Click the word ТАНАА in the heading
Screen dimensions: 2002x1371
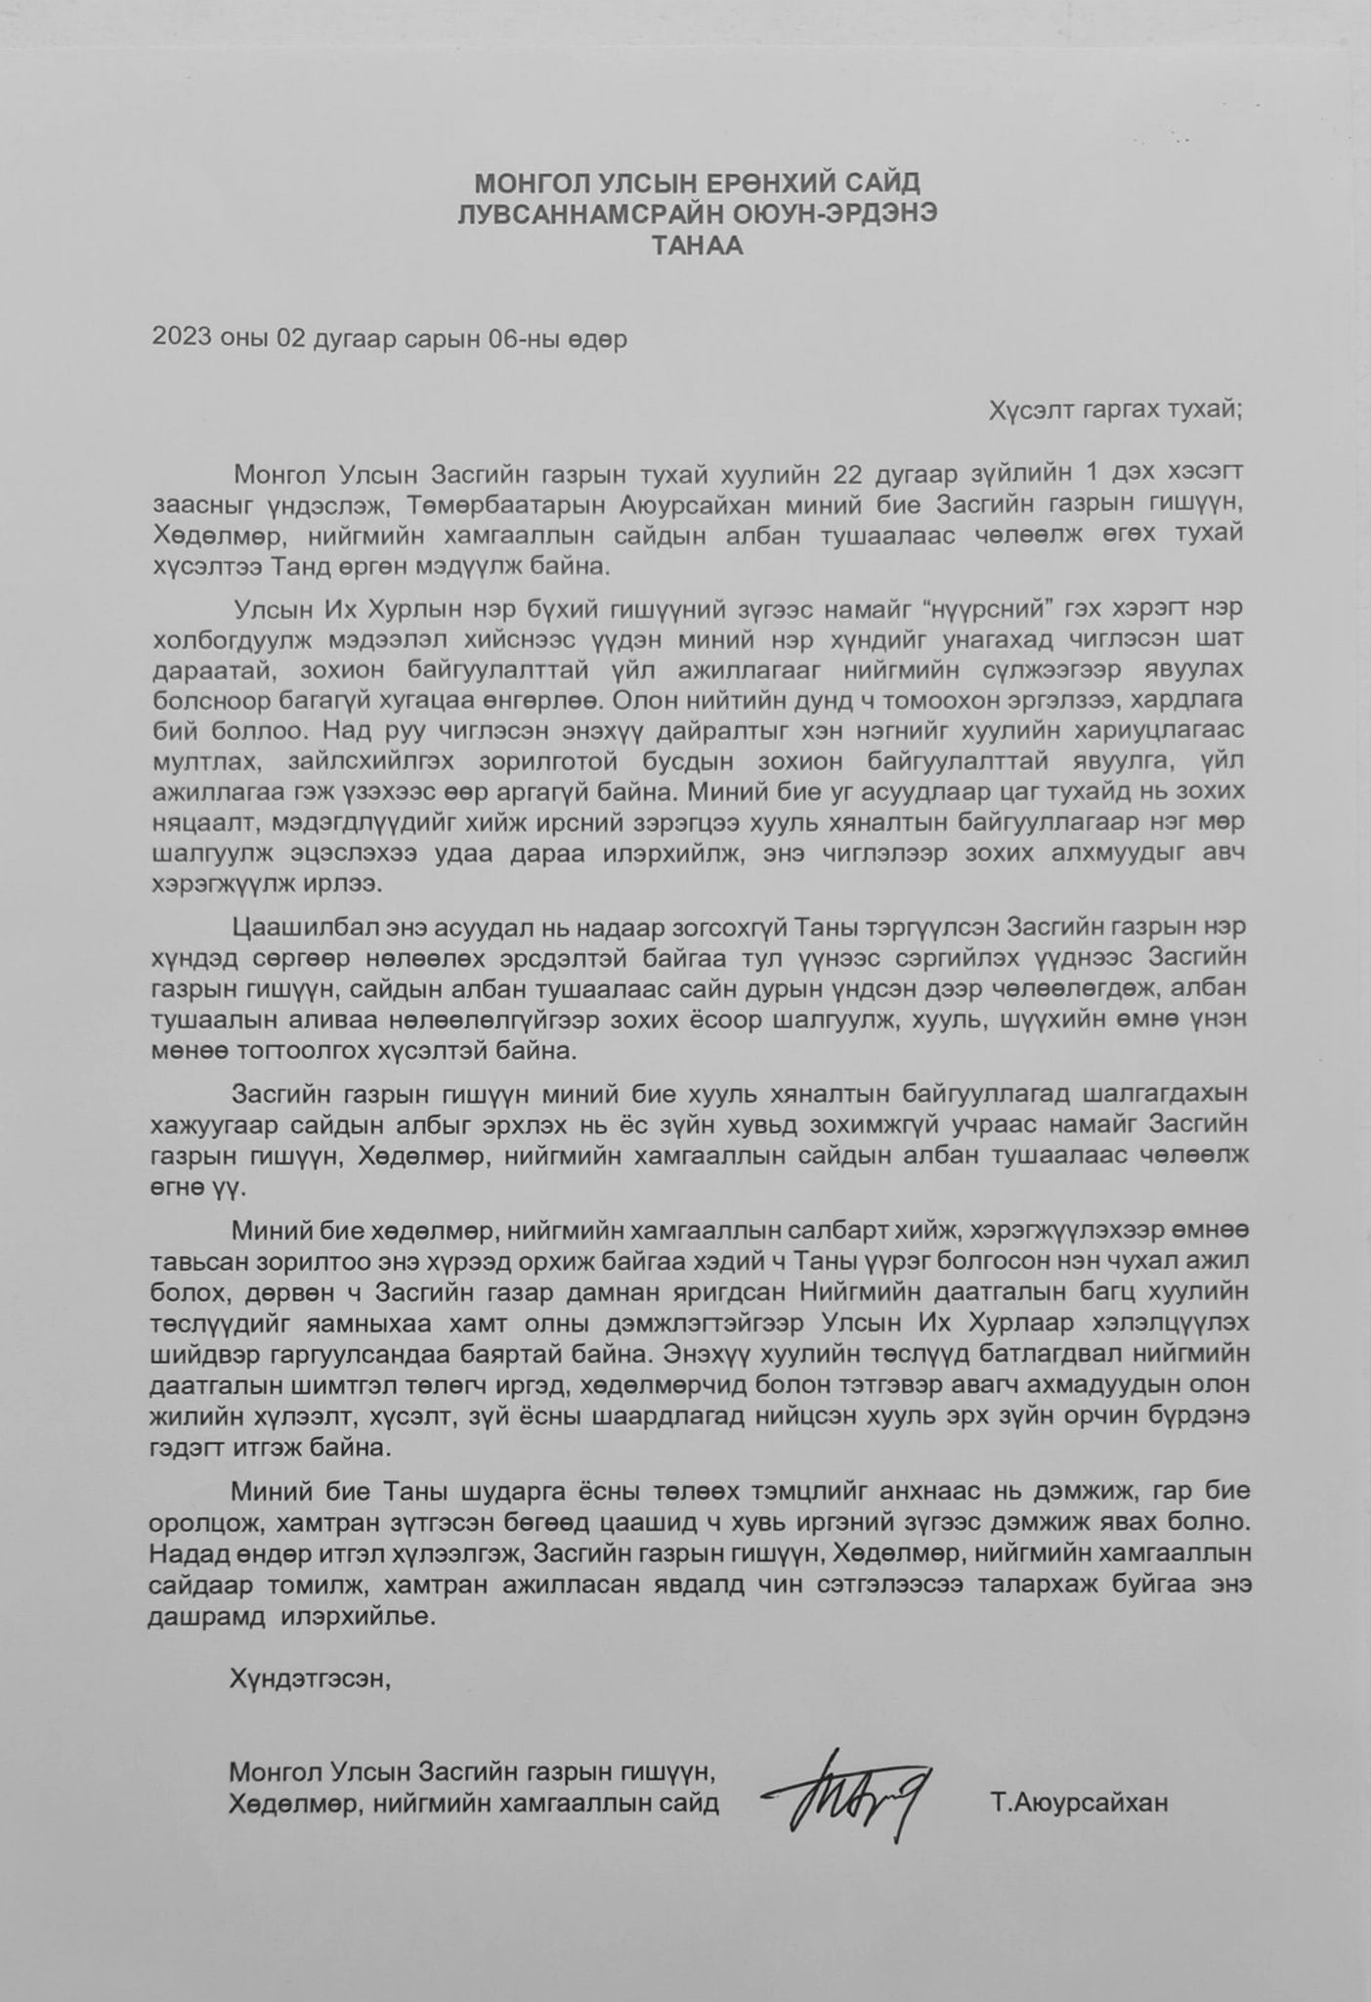pyautogui.click(x=698, y=245)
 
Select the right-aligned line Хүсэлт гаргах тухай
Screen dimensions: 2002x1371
pyautogui.click(x=1116, y=409)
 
